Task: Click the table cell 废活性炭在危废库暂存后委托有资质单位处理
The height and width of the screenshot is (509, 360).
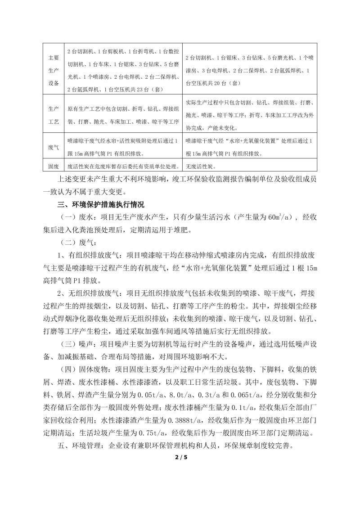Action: pyautogui.click(x=123, y=166)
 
